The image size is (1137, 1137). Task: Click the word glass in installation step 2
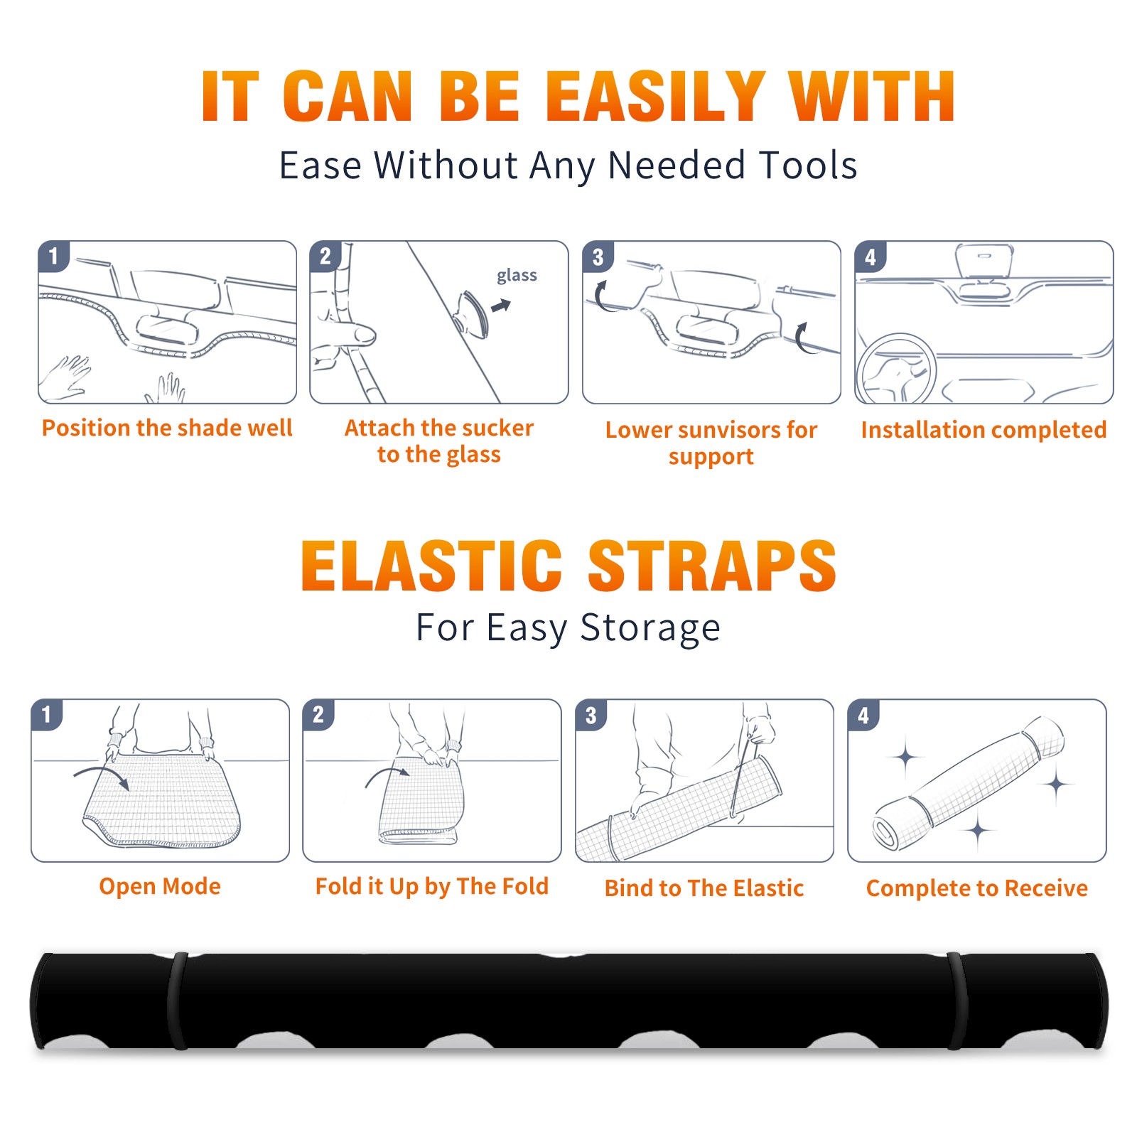click(517, 276)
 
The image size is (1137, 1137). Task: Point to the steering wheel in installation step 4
click(895, 369)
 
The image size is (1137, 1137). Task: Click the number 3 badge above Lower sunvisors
click(598, 257)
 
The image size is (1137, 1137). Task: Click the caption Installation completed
click(984, 430)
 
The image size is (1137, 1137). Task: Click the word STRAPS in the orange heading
click(712, 566)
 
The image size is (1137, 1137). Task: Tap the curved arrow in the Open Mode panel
click(102, 774)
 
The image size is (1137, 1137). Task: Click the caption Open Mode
click(160, 887)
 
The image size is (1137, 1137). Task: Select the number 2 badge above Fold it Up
click(318, 715)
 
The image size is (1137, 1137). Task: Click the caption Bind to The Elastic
click(704, 888)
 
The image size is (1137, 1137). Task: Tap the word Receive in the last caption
click(1046, 888)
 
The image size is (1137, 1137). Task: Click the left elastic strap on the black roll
click(178, 1001)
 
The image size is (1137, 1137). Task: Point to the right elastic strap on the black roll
click(957, 1001)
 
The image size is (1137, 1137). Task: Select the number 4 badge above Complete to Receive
click(863, 715)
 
